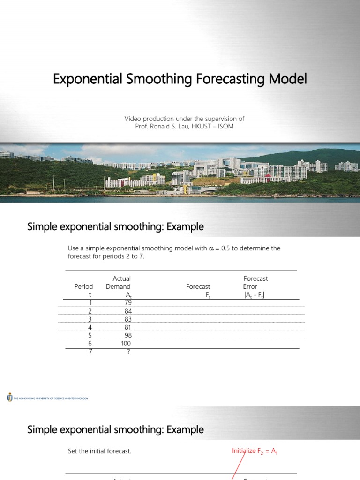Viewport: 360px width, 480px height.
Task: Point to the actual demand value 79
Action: (x=128, y=303)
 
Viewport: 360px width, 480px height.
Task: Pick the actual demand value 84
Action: (x=128, y=311)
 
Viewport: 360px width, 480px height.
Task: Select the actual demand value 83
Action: (x=128, y=319)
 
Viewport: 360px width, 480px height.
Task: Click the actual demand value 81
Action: (x=128, y=327)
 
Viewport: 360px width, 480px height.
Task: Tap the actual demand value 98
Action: (x=128, y=336)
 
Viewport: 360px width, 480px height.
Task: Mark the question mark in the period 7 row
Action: (x=128, y=352)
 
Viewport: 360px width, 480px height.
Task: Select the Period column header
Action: (x=83, y=286)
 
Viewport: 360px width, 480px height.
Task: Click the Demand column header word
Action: (x=118, y=286)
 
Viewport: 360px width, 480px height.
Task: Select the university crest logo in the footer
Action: (x=10, y=398)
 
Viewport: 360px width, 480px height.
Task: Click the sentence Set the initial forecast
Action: (x=100, y=451)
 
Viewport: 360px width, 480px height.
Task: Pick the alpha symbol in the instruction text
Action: (x=210, y=248)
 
